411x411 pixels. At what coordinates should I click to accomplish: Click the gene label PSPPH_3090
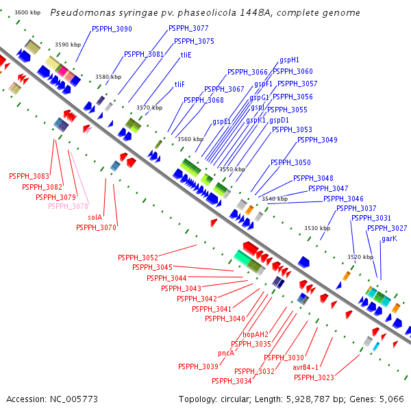[112, 29]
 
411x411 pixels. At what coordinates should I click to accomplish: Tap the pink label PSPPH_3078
[68, 206]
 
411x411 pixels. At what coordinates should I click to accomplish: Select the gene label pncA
[226, 353]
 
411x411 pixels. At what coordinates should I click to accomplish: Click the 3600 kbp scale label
[28, 13]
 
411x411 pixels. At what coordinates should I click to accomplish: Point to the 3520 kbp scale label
[360, 257]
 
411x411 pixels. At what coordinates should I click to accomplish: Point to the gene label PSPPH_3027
[387, 228]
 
